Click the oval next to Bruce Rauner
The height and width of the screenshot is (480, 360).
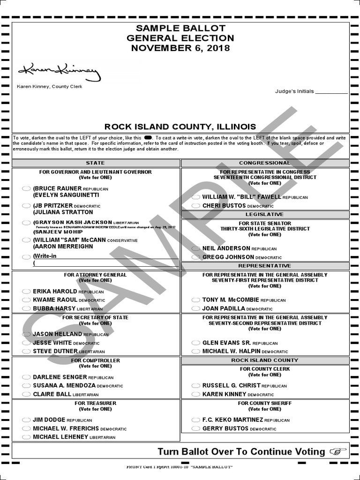tap(27, 188)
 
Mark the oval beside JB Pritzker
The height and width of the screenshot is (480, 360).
tap(27, 206)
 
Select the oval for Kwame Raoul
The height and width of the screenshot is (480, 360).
tap(27, 300)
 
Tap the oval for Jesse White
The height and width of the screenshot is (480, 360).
tap(27, 343)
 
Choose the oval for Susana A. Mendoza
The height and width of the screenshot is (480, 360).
tap(27, 386)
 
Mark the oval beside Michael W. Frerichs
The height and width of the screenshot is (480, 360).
tap(27, 428)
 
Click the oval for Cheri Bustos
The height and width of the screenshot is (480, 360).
tap(196, 206)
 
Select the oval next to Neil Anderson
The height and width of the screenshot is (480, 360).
tap(196, 248)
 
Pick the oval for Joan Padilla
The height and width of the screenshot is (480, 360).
tap(196, 309)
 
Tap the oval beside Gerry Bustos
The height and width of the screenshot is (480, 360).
tap(196, 429)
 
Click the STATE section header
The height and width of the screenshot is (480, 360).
tap(96, 163)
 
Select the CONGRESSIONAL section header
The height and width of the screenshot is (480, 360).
tap(265, 163)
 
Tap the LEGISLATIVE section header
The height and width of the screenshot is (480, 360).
tap(265, 214)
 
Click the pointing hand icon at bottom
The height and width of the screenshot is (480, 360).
tap(338, 451)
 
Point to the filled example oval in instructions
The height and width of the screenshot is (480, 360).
tap(148, 138)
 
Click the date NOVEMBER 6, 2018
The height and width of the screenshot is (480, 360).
tap(180, 48)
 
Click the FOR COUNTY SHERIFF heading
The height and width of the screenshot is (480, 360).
tap(265, 403)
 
